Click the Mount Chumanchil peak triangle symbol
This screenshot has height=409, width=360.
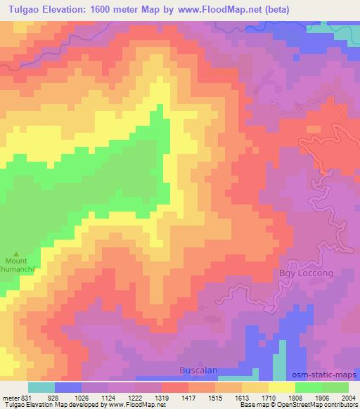pos(18,253)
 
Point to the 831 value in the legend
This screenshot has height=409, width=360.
pos(28,398)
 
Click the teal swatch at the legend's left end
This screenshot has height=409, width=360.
pos(41,387)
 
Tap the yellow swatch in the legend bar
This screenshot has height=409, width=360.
pos(282,387)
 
